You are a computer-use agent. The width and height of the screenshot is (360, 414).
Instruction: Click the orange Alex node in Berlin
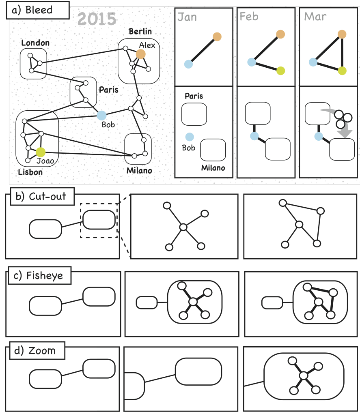tap(140, 54)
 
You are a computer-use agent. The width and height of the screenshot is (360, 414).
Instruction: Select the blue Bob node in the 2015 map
tap(101, 116)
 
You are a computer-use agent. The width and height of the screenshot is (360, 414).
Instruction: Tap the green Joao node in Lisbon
tap(41, 152)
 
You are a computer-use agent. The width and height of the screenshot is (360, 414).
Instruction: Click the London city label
tap(35, 43)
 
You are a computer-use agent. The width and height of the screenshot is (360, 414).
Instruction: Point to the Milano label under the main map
tap(139, 170)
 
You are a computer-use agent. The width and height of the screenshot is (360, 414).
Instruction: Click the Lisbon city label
tap(30, 172)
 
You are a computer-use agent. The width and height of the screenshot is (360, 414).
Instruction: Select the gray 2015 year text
tap(97, 19)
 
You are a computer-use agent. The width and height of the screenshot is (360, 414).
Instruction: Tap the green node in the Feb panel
tap(280, 71)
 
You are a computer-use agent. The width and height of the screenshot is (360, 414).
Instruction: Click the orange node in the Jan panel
tap(218, 36)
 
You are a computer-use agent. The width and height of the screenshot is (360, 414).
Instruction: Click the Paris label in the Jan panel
tap(194, 96)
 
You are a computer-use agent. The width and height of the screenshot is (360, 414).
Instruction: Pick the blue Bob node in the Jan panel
tap(189, 137)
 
